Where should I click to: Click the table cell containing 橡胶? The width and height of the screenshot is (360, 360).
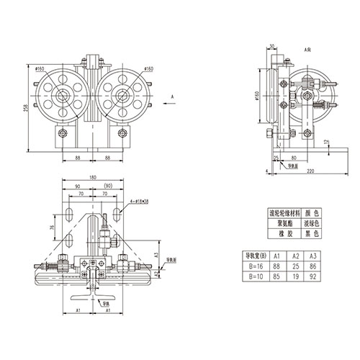coord(277,234)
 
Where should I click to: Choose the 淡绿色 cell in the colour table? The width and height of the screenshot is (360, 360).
coord(310,224)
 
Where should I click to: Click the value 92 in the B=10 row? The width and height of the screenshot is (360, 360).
coord(311,276)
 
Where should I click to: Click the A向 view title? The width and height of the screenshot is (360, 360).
coord(307,48)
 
